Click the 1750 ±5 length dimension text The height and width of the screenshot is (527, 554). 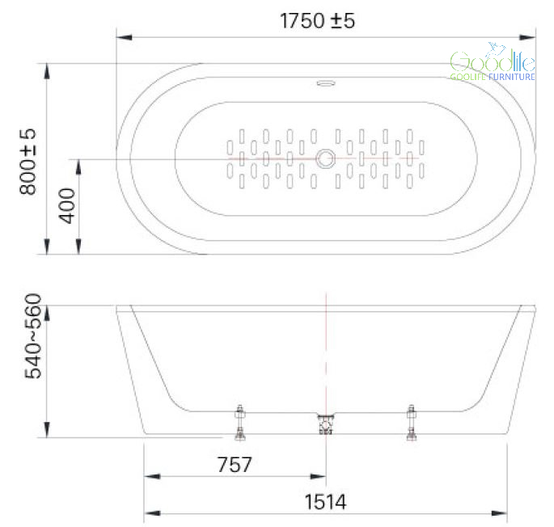point(317,20)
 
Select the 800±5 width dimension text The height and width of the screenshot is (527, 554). point(27,162)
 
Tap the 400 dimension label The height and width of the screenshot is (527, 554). point(67,206)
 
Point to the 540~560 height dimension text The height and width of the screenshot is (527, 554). point(33,336)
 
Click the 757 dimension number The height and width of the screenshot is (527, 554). point(235,465)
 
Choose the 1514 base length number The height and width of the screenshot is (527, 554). point(325,502)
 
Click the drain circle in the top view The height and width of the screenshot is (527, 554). point(325,158)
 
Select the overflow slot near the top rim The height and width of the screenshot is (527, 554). point(326,83)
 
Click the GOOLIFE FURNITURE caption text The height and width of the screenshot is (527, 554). point(493,77)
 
